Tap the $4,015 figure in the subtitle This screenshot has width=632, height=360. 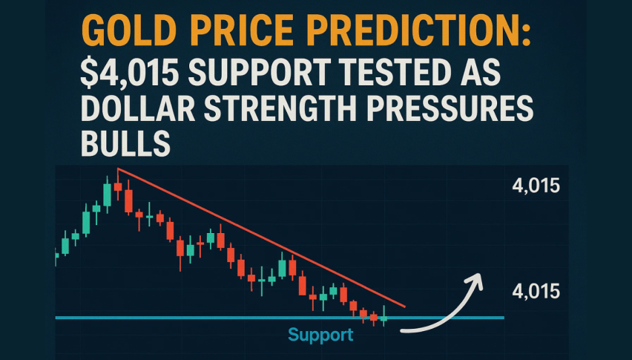(130, 73)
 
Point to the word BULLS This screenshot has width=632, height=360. (125, 143)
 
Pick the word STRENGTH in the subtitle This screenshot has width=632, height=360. (280, 108)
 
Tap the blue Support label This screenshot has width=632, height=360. (321, 335)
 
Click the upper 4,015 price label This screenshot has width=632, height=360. (536, 186)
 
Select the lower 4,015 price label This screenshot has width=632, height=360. (536, 291)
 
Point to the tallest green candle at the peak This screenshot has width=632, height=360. (107, 194)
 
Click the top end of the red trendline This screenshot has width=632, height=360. (118, 168)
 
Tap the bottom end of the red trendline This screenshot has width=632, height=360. (404, 307)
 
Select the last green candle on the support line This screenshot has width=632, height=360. (384, 317)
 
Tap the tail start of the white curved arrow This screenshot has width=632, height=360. (402, 330)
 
